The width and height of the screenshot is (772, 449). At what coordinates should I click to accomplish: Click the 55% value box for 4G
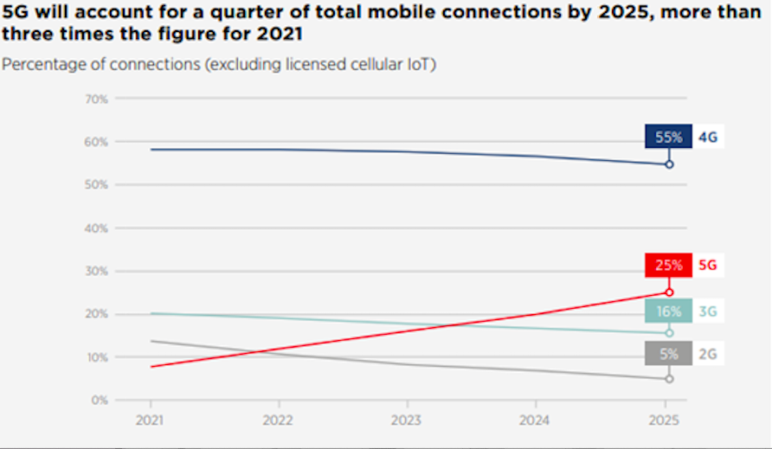[x=668, y=137]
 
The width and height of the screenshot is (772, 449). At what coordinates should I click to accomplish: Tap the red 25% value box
[x=668, y=266]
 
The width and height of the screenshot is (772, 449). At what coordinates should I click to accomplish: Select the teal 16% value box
[x=668, y=311]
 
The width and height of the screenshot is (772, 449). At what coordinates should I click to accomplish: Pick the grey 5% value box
[x=668, y=353]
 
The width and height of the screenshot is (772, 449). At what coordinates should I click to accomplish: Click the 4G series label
[x=708, y=137]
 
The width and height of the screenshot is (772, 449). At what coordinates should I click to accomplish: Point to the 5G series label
[x=708, y=266]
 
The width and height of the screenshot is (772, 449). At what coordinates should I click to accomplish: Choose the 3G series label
[x=708, y=311]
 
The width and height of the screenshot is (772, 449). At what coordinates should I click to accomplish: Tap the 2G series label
[x=708, y=353]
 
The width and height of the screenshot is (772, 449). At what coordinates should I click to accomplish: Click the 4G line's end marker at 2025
[x=669, y=164]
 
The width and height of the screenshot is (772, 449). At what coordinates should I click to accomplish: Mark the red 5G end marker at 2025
[x=669, y=292]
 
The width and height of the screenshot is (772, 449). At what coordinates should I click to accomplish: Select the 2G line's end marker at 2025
[x=669, y=379]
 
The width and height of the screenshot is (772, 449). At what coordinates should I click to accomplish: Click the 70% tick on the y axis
[x=96, y=99]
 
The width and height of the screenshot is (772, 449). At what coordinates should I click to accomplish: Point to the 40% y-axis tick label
[x=96, y=228]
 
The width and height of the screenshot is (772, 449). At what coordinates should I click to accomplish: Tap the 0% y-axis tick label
[x=99, y=401]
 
